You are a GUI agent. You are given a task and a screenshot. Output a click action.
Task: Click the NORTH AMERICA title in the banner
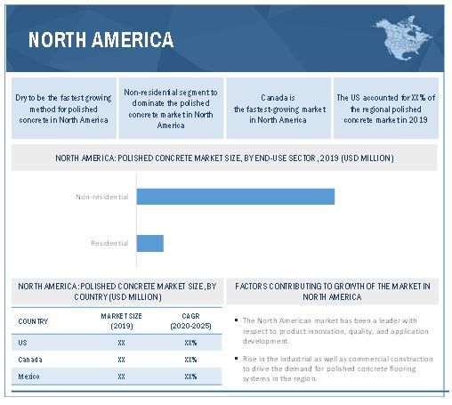[101, 40]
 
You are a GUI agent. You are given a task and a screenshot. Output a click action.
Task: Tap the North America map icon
[402, 37]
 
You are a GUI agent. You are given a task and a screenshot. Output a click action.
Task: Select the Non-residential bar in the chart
[236, 197]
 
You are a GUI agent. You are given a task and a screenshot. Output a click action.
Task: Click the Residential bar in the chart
[150, 243]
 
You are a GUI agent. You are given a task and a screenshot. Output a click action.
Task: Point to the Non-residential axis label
[101, 197]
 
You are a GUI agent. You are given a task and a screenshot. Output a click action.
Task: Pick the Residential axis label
[109, 243]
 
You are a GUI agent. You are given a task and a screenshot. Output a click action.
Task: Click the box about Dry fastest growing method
[64, 109]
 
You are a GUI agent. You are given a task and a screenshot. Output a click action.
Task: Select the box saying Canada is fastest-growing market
[278, 109]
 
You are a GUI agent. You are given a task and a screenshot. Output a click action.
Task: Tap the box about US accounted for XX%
[386, 109]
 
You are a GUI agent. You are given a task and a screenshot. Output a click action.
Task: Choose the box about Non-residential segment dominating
[171, 109]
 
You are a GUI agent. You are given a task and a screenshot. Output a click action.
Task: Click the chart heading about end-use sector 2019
[224, 158]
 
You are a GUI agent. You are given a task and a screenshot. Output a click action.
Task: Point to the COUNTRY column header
[33, 321]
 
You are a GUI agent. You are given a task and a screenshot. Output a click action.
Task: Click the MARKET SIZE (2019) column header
[121, 321]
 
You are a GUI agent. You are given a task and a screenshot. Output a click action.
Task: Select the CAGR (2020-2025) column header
[190, 321]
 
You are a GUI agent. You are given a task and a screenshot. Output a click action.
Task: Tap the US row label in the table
[22, 343]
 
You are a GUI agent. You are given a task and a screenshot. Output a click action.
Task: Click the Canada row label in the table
[30, 360]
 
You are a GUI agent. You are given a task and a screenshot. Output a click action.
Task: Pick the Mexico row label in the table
[28, 377]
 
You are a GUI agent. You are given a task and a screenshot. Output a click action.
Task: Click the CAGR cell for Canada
[190, 360]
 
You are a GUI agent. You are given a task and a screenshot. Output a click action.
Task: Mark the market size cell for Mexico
[121, 377]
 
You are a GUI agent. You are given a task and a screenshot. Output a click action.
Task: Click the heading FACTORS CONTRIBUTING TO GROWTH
[333, 291]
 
